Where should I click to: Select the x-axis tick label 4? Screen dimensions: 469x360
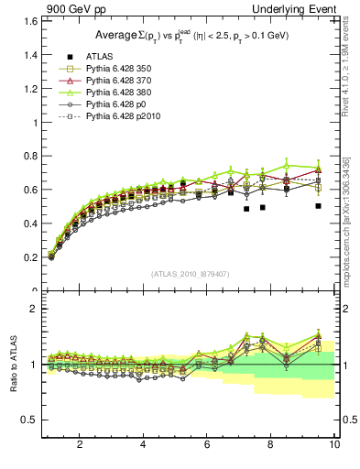(x=143, y=445)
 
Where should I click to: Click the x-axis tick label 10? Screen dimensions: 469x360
(x=334, y=445)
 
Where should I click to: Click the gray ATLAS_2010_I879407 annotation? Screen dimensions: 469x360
(x=190, y=274)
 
